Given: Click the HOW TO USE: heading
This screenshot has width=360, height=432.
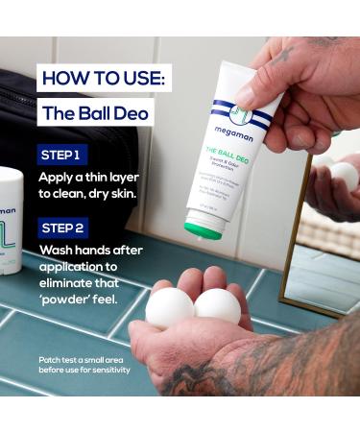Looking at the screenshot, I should [x=101, y=77].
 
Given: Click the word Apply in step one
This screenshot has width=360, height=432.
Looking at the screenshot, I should [x=60, y=179].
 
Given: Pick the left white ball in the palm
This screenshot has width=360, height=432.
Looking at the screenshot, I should [x=170, y=308].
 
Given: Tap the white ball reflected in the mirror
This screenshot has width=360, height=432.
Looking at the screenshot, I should [x=344, y=176].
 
